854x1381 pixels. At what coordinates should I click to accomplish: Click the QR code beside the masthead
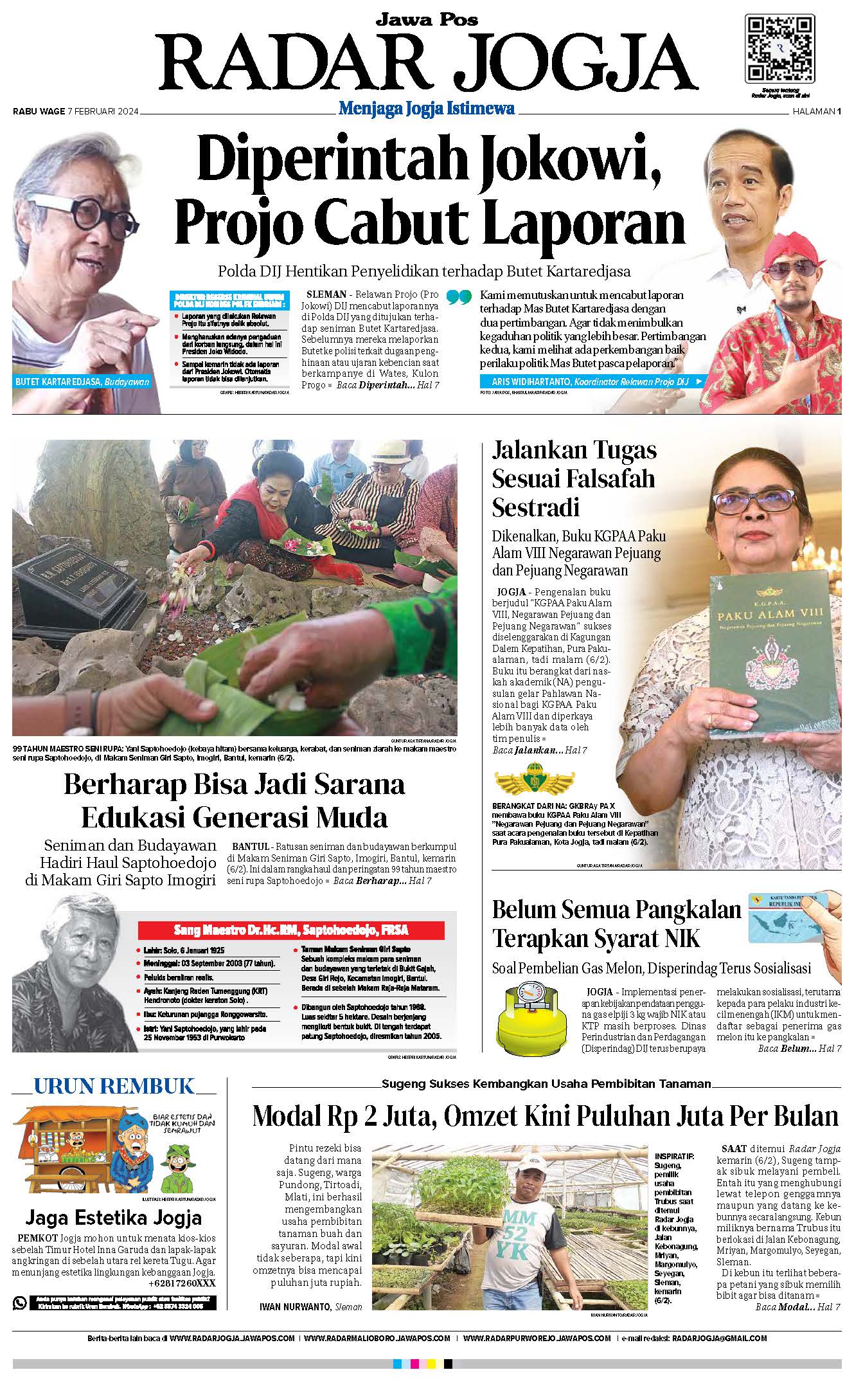[779, 48]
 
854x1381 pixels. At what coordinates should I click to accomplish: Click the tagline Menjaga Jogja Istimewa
[427, 109]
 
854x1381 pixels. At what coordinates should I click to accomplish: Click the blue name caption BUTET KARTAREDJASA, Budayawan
[82, 382]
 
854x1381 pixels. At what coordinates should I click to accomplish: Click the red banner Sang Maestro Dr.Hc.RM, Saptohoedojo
[291, 930]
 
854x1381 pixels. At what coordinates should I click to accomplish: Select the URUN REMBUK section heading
[113, 1086]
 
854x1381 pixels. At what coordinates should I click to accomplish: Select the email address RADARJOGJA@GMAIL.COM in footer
[719, 1339]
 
